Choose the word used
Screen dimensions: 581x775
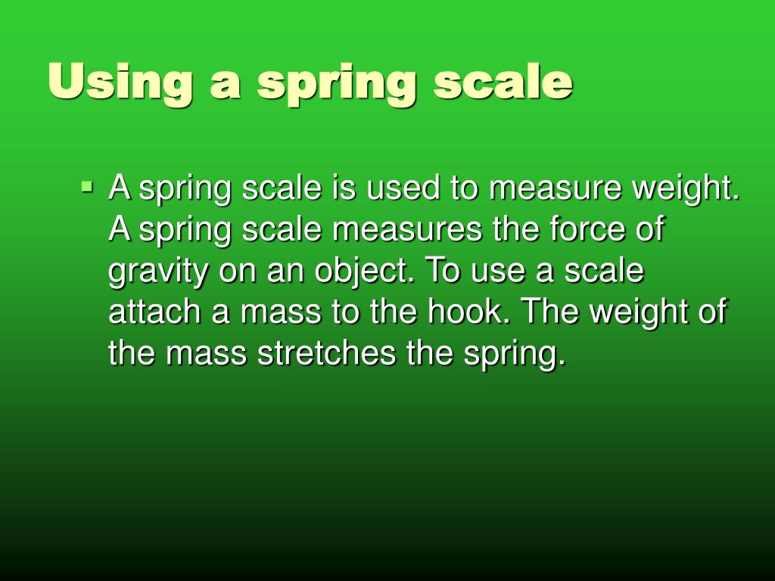tap(403, 188)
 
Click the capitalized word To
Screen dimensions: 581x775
tap(444, 271)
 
